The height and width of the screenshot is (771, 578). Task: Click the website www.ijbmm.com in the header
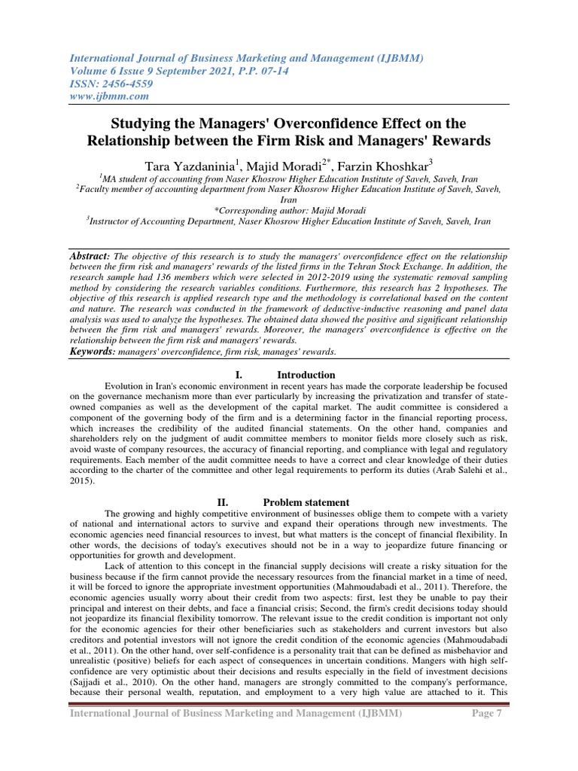110,96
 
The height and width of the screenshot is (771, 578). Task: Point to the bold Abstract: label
89,257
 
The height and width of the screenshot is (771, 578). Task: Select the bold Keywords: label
93,352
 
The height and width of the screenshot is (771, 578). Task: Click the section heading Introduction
306,375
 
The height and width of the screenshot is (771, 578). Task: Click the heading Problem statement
306,502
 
